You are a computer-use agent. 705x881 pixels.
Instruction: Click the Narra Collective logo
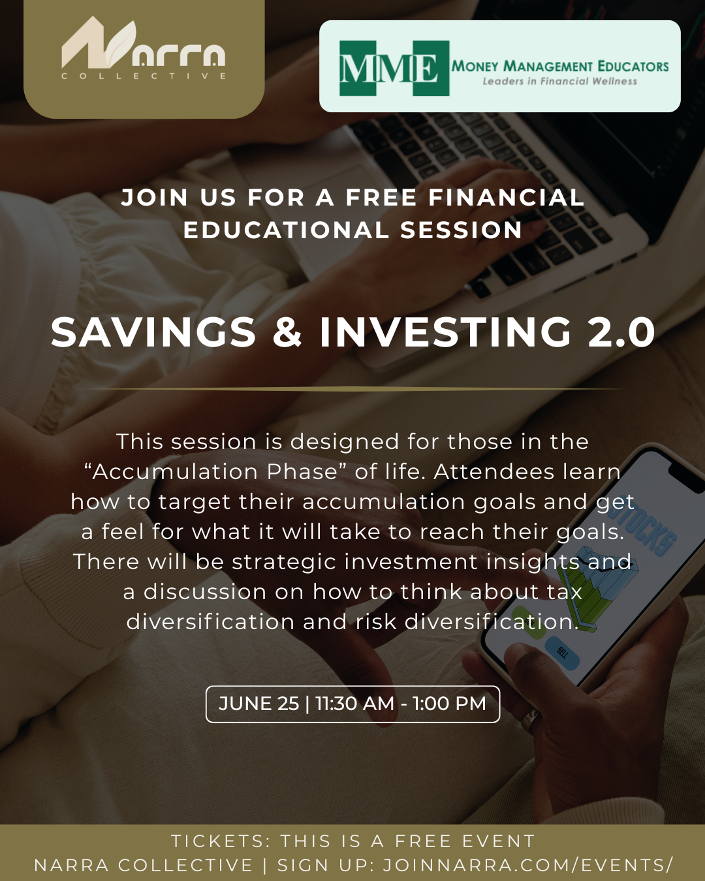[x=144, y=48]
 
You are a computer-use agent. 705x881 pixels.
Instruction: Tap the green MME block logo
[x=394, y=68]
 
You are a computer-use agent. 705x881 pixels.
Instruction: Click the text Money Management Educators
[x=560, y=67]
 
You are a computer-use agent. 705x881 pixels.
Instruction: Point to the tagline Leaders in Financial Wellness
[x=560, y=82]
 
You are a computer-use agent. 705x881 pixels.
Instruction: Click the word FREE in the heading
[x=381, y=197]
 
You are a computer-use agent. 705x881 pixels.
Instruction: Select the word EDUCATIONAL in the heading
[x=285, y=230]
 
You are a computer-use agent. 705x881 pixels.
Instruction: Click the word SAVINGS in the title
[x=153, y=332]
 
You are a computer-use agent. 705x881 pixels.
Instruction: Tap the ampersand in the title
[x=288, y=332]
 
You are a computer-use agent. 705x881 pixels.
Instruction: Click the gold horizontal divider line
[x=352, y=388]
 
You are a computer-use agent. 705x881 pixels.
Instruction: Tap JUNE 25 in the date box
[x=259, y=703]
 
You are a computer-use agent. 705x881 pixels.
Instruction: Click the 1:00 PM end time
[x=449, y=703]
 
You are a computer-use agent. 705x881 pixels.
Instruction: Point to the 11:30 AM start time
[x=354, y=703]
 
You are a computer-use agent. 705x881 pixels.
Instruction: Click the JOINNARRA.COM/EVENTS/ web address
[x=528, y=865]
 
